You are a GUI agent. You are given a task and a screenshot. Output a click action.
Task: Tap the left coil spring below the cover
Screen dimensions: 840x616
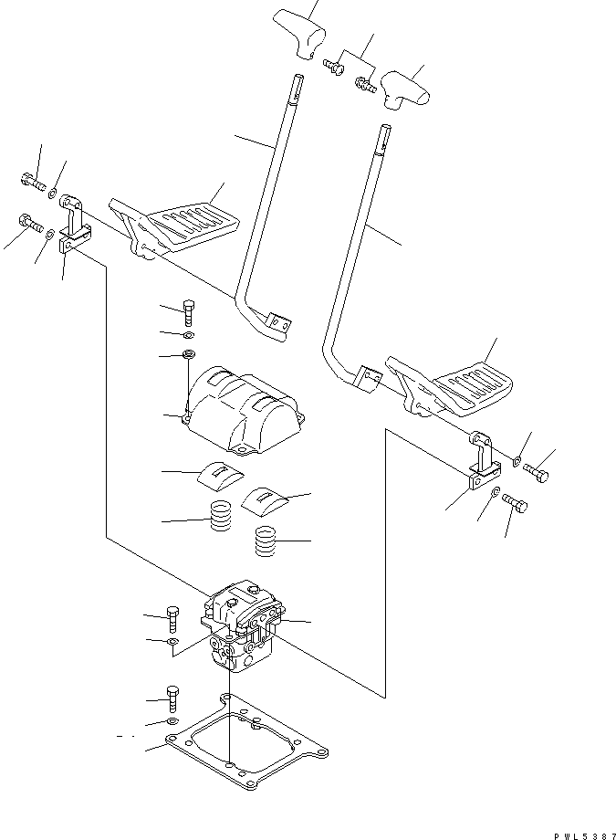pyautogui.click(x=220, y=519)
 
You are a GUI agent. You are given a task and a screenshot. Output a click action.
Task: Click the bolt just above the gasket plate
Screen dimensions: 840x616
pyautogui.click(x=172, y=698)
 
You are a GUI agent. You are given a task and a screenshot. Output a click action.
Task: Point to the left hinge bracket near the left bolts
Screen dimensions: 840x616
pyautogui.click(x=75, y=225)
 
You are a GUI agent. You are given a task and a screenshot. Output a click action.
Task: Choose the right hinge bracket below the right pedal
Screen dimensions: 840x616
pyautogui.click(x=482, y=467)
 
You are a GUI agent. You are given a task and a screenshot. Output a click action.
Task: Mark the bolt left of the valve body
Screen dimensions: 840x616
pyautogui.click(x=173, y=619)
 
